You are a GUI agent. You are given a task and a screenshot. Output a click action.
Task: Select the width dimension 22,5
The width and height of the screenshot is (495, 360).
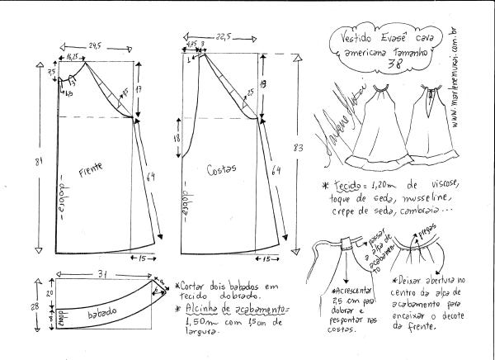point(224,36)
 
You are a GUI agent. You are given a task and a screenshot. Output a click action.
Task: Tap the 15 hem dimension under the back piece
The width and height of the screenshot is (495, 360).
point(265,260)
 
